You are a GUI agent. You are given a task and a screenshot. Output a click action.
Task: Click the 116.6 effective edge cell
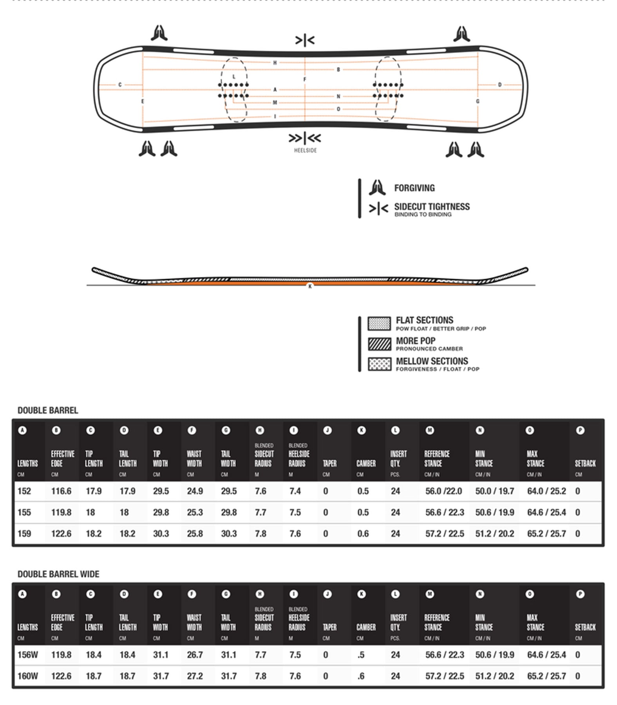click(61, 491)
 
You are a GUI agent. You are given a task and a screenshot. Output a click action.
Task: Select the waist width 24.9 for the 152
click(195, 491)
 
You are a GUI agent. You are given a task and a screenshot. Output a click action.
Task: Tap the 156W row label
click(27, 655)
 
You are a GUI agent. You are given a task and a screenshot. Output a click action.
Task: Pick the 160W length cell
click(27, 676)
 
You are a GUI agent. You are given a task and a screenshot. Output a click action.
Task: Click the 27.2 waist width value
click(195, 676)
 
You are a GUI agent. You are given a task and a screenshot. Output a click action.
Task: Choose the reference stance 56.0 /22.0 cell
click(443, 491)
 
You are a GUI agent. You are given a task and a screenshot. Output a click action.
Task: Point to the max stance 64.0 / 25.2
click(546, 491)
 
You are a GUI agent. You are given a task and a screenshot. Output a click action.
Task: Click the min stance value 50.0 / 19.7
click(494, 491)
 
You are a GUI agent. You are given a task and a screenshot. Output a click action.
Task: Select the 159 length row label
click(24, 533)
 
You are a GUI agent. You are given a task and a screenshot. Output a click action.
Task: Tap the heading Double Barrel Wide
click(58, 574)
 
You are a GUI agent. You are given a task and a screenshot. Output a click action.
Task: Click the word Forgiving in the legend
click(414, 188)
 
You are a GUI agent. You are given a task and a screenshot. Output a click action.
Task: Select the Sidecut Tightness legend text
click(432, 207)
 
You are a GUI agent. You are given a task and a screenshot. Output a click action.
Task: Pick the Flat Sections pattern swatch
click(379, 324)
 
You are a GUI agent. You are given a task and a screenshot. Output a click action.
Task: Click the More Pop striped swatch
click(379, 344)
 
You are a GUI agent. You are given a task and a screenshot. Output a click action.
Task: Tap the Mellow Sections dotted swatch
click(379, 364)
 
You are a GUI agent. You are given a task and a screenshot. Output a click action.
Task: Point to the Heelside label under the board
click(305, 150)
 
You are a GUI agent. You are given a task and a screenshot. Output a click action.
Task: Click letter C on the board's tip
click(120, 85)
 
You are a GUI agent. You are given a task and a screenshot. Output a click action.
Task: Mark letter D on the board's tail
click(499, 85)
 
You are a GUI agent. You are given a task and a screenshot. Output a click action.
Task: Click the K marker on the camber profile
click(310, 287)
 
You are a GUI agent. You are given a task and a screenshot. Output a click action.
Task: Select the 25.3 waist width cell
click(195, 512)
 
